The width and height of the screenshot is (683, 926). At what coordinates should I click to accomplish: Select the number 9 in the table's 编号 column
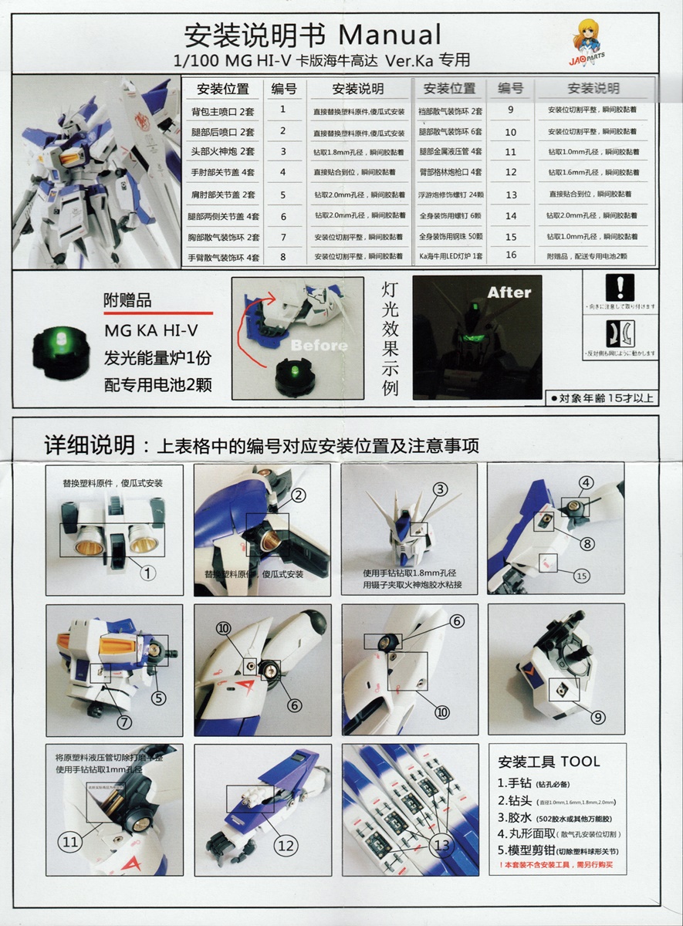[x=510, y=110]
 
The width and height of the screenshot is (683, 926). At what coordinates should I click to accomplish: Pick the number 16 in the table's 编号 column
[x=510, y=255]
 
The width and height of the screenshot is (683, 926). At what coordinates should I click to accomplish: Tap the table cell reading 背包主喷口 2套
[x=222, y=111]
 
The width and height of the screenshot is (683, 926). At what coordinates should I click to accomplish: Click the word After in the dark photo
[x=509, y=292]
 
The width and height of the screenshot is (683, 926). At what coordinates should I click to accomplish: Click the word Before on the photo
[x=319, y=344]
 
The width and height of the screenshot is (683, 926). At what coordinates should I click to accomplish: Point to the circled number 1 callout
[x=148, y=572]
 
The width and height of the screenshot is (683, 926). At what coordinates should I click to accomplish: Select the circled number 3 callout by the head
[x=440, y=488]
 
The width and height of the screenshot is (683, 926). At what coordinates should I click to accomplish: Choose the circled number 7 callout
[x=125, y=722]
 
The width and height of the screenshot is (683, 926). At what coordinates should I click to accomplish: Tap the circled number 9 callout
[x=597, y=717]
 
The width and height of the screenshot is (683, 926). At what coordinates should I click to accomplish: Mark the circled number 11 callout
[x=70, y=842]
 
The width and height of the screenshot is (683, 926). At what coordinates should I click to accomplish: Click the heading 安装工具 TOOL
[x=549, y=762]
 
